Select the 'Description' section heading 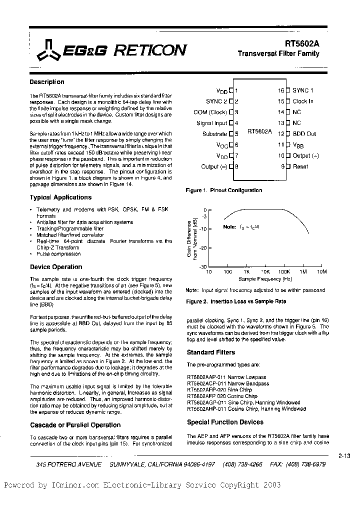point(47,82)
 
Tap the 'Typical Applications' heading point(60,197)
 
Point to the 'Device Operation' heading point(56,267)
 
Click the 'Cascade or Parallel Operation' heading point(75,425)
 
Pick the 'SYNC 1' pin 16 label point(303,90)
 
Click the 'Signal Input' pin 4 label point(211,123)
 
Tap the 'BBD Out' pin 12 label point(304,134)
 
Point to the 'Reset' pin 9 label point(300,166)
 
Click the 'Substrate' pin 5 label point(214,134)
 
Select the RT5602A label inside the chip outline point(259,131)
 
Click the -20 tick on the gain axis point(202,248)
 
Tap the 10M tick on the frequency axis point(321,271)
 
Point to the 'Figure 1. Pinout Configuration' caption point(223,190)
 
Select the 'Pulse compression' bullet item point(59,254)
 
